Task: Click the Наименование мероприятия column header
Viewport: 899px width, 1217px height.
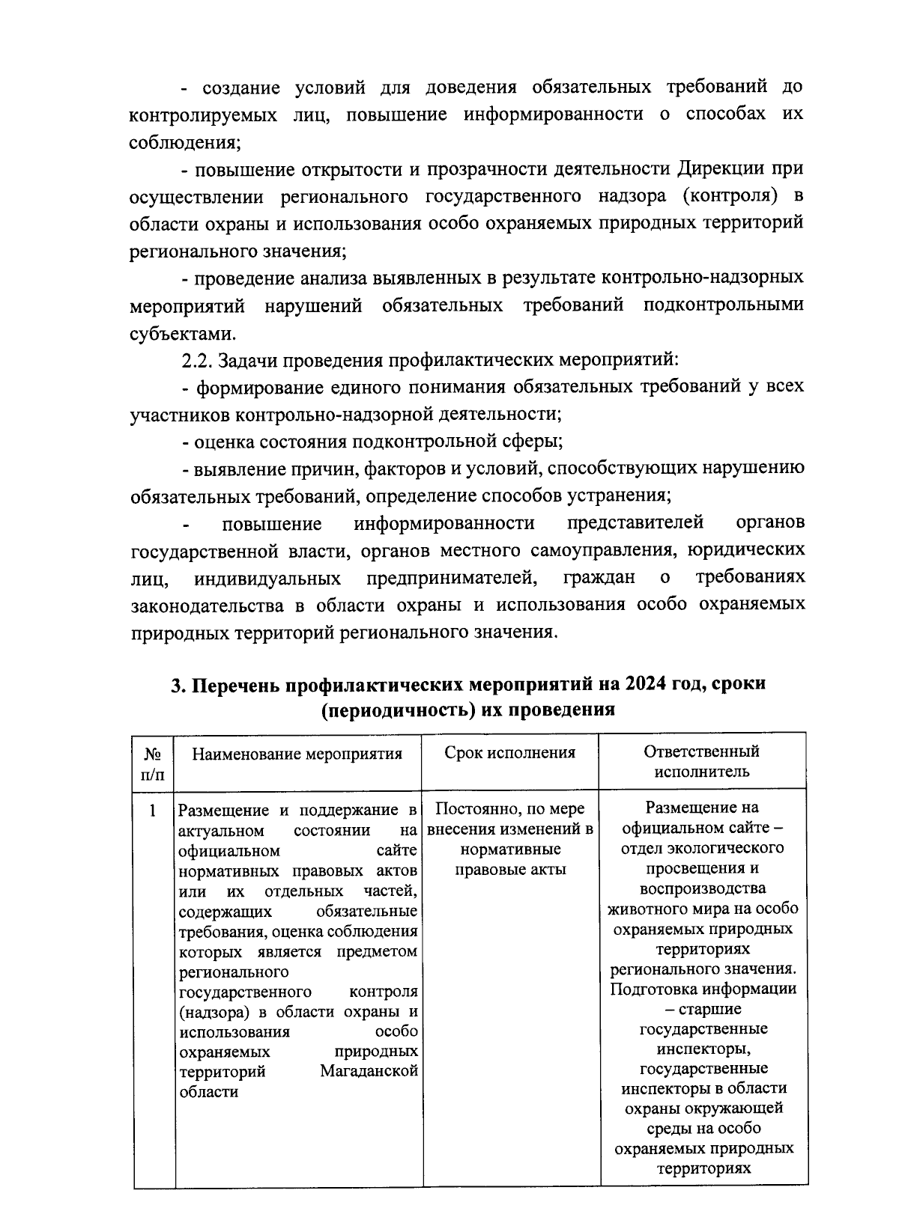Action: click(297, 753)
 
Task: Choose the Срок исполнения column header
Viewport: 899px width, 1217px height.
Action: click(510, 752)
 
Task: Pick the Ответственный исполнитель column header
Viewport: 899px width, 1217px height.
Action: click(702, 761)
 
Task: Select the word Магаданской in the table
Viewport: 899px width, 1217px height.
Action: click(369, 1071)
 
